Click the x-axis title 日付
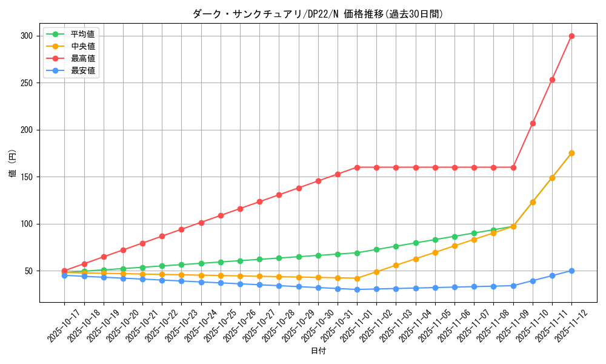point(318,351)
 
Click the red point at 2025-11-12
point(571,36)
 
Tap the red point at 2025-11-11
point(552,79)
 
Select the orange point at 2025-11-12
point(571,153)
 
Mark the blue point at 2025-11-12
point(571,271)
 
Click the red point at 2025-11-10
point(533,123)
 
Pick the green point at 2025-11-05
point(435,240)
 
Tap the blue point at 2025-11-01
point(357,289)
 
